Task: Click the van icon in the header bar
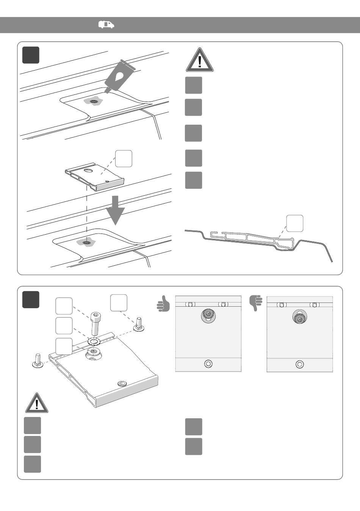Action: point(106,25)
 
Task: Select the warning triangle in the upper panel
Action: point(200,60)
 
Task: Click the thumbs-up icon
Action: point(163,304)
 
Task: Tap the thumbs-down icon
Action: point(256,303)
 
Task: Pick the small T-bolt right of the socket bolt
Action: point(138,323)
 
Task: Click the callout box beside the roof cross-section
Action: point(294,223)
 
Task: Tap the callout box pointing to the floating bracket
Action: point(124,158)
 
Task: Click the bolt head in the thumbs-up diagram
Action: point(208,315)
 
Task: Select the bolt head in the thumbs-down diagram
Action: point(299,318)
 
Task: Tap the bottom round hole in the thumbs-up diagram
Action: point(208,364)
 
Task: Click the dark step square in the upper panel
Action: point(31,55)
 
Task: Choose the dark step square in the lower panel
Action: point(31,299)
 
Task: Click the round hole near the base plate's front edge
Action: point(122,384)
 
